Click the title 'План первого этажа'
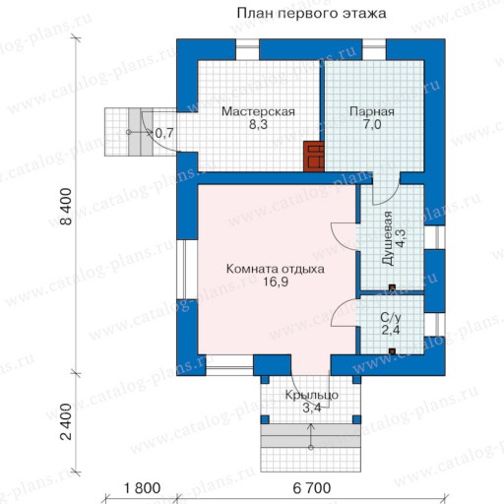click(311, 14)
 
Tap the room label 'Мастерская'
click(258, 111)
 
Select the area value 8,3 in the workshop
click(258, 125)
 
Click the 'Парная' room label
click(372, 111)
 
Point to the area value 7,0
click(372, 125)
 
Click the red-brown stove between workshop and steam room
click(314, 157)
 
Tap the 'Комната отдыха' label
click(276, 269)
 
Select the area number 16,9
click(276, 282)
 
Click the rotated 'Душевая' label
click(388, 238)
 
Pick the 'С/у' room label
click(391, 317)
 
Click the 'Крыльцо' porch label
click(311, 395)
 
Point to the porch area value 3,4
click(311, 408)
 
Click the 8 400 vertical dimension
click(66, 206)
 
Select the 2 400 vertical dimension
click(66, 421)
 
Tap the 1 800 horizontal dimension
click(142, 488)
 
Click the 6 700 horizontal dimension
click(312, 488)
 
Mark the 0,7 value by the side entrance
click(164, 133)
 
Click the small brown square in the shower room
click(392, 287)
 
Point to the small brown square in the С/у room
click(392, 351)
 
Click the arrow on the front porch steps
click(311, 436)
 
